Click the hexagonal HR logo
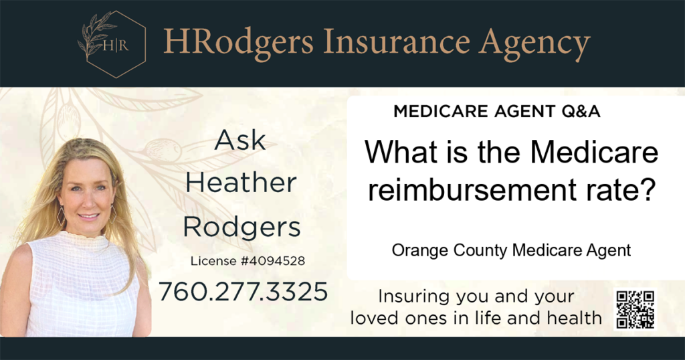pyautogui.click(x=112, y=44)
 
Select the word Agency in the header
pyautogui.click(x=534, y=45)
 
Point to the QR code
pyautogui.click(x=635, y=309)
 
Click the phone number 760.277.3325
pyautogui.click(x=243, y=291)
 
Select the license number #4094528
pyautogui.click(x=273, y=261)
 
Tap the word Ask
pyautogui.click(x=240, y=141)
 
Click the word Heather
pyautogui.click(x=241, y=183)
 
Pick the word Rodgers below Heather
pyautogui.click(x=241, y=228)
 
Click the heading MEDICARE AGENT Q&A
pyautogui.click(x=497, y=111)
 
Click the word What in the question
pyautogui.click(x=401, y=151)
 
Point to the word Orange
pyautogui.click(x=420, y=251)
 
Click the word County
pyautogui.click(x=480, y=251)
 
